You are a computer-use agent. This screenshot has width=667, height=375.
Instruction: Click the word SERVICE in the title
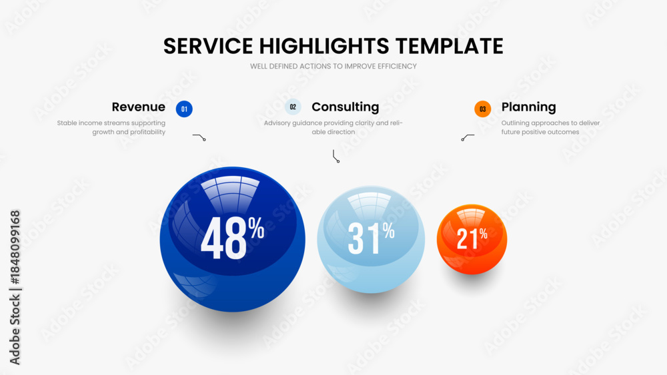point(208,46)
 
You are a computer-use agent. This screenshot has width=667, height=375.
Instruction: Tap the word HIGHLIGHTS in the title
point(324,46)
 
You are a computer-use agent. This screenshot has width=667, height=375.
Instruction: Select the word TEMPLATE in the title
point(449,46)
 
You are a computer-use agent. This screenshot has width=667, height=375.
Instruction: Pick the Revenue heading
point(138,107)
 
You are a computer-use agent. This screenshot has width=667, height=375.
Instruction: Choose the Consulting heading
point(345,107)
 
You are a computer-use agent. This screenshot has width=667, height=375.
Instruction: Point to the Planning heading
point(528,107)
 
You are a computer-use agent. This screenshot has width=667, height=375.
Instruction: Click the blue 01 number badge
point(184,109)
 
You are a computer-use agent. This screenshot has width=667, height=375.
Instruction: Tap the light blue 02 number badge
point(293,107)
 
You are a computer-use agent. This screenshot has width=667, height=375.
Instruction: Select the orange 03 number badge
point(482,109)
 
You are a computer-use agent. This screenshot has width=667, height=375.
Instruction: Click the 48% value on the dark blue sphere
point(232,238)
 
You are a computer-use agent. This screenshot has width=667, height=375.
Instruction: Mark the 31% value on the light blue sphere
point(371,238)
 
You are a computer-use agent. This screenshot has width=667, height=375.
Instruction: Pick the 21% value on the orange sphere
point(472,238)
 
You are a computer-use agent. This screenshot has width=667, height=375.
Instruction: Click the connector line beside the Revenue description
point(199,137)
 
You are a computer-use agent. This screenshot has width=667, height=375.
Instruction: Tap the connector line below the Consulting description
point(336,157)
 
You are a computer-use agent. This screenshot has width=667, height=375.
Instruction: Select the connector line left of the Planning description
point(468,137)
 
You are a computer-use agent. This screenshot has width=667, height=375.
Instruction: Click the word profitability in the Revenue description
point(147,132)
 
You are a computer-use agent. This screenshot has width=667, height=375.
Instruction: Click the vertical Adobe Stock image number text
point(15,288)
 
